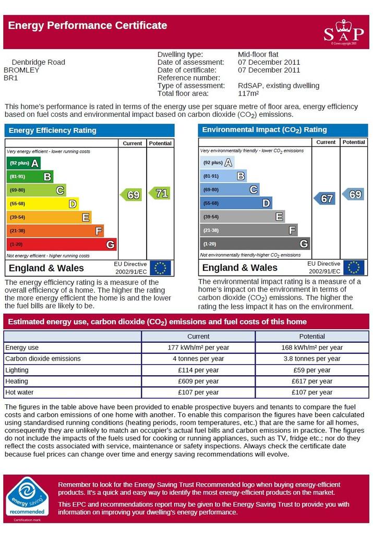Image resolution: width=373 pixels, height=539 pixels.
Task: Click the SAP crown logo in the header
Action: (x=343, y=32)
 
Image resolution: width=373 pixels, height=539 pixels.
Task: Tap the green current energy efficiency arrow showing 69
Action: (x=131, y=195)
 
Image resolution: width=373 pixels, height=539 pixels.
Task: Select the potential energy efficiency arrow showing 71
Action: (x=160, y=193)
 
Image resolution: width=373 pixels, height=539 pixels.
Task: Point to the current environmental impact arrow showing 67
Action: (x=324, y=198)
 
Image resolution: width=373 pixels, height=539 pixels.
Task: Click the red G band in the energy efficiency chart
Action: (x=62, y=244)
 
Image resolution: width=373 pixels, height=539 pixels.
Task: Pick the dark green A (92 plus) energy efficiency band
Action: (x=23, y=163)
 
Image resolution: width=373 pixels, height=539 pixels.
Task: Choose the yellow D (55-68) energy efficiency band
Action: (x=43, y=203)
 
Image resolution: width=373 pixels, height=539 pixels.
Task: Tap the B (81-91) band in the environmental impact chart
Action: (x=223, y=176)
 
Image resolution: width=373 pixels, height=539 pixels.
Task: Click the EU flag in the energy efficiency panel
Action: (x=160, y=268)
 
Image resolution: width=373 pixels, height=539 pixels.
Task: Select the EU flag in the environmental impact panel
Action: (x=354, y=268)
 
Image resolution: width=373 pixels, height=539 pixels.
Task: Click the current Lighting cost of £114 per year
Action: (x=198, y=370)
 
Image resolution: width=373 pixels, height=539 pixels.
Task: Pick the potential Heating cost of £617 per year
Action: (x=312, y=381)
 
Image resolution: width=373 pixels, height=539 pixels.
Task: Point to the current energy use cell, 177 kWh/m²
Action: (x=198, y=348)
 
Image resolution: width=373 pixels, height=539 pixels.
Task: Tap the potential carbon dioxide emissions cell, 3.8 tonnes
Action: (x=312, y=358)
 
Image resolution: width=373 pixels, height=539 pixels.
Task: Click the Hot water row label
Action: (x=20, y=392)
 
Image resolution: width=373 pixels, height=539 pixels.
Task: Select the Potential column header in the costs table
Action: (x=312, y=336)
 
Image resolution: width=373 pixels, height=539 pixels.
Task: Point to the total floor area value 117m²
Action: (x=248, y=93)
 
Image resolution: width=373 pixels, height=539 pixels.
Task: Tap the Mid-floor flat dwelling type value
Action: (x=258, y=54)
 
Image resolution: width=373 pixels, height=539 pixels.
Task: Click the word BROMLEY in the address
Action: (x=21, y=70)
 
